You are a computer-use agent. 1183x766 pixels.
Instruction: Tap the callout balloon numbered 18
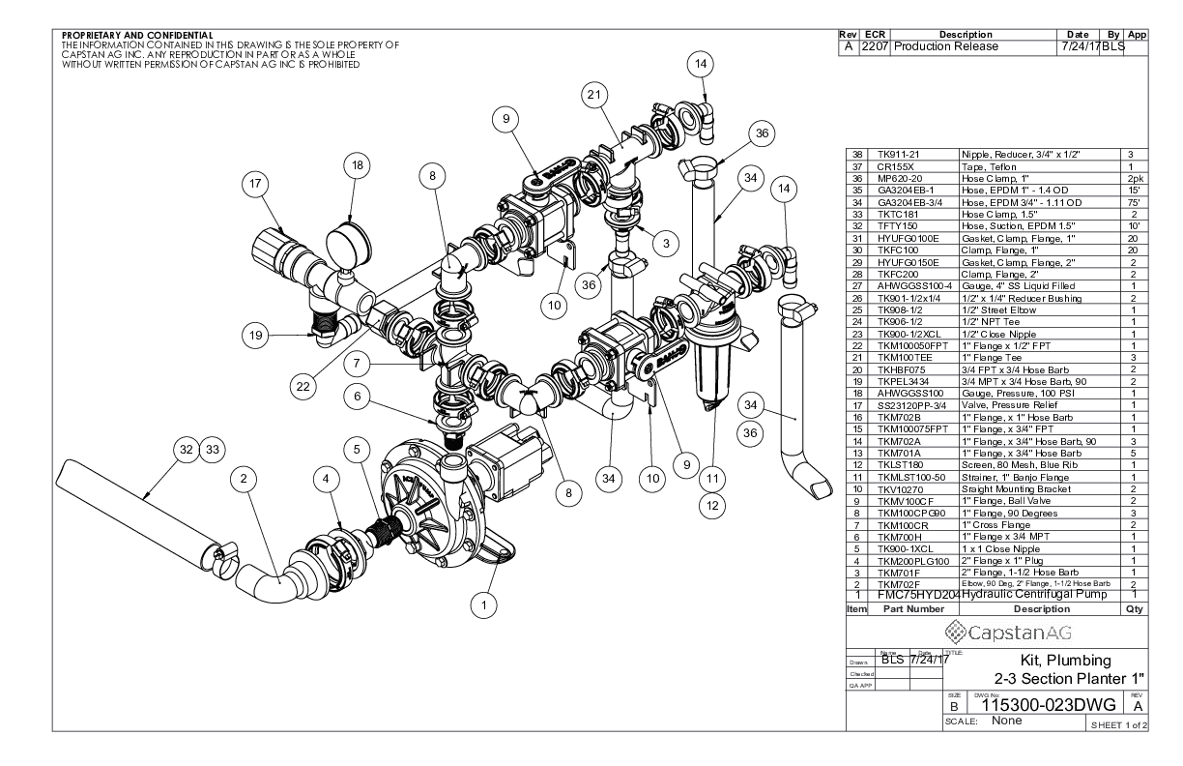coord(357,166)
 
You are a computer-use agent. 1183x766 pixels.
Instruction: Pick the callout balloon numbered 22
coord(303,386)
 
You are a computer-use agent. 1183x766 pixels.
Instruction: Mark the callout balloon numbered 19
coord(255,335)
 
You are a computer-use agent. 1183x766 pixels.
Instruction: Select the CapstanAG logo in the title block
coord(997,634)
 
